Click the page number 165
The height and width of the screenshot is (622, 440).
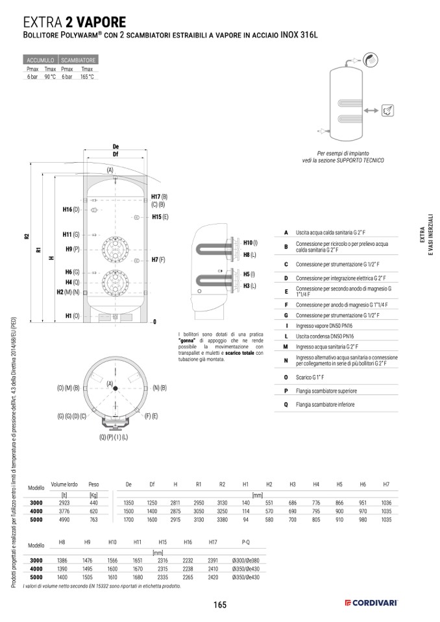219,604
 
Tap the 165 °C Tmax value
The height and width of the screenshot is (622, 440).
87,77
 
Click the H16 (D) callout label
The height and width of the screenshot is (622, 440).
71,209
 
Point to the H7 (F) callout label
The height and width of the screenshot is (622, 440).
158,259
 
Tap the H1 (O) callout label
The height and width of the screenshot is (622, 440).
72,315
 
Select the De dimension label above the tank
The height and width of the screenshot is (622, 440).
116,147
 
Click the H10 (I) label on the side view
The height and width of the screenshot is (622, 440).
250,242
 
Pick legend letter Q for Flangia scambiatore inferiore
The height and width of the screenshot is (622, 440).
286,404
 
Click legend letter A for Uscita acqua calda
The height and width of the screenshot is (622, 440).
286,232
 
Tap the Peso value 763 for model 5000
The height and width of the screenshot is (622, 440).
93,520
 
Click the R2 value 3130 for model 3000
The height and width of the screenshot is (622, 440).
221,503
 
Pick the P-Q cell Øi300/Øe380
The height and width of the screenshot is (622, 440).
245,560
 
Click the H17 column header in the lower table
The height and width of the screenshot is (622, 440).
213,541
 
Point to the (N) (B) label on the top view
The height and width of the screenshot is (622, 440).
160,387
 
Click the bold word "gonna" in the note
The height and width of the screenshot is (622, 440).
188,340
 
